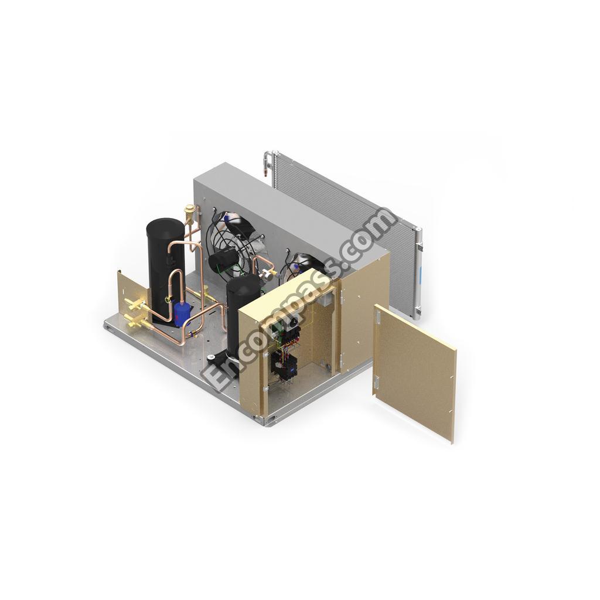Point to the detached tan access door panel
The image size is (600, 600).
415,373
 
